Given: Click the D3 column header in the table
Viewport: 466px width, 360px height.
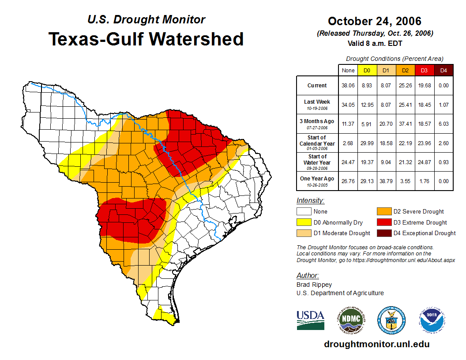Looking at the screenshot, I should pos(424,70).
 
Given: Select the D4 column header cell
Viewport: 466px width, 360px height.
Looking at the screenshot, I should pos(443,70).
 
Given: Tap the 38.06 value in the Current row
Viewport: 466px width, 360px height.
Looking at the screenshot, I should pos(348,86).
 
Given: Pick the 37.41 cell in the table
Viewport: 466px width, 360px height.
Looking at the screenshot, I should pos(405,124).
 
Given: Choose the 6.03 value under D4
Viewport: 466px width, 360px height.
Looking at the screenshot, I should pos(443,124).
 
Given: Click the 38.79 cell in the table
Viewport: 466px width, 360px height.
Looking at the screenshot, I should pos(386,180).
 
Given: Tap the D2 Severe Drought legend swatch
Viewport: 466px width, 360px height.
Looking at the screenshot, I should pos(383,211).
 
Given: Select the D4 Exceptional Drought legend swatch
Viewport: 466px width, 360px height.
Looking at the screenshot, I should pos(383,233).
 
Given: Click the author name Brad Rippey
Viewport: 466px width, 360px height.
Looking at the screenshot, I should pos(314,285).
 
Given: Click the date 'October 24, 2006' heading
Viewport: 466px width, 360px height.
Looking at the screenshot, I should pos(375,21).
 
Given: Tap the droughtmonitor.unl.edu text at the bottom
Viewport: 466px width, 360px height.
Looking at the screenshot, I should pos(376,344).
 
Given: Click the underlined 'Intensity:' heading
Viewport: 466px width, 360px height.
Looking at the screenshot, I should pos(310,200).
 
